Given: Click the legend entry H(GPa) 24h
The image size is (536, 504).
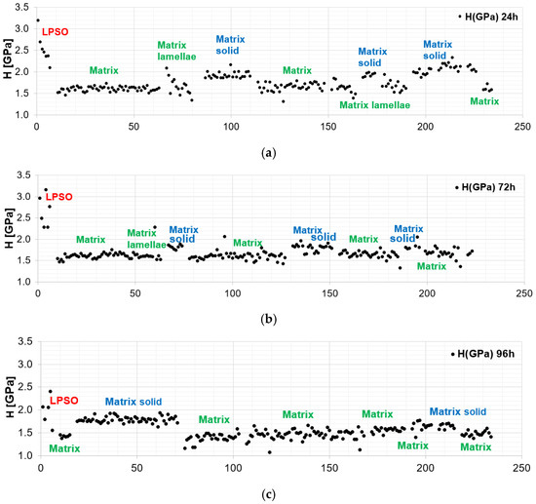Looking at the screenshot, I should pos(489,17).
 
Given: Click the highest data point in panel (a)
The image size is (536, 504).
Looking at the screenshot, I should pos(37,20).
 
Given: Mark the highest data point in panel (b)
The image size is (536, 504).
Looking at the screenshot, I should pos(45,189).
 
